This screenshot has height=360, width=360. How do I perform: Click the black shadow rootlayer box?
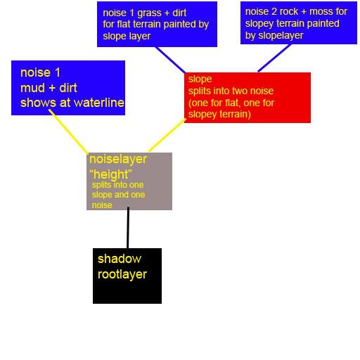coord(127,276)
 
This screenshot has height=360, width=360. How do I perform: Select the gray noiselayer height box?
coord(129,181)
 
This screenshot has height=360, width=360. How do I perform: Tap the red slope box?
coord(247,98)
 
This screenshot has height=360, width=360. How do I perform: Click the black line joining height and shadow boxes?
coord(128,228)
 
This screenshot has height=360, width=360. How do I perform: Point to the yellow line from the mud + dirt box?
coord(68,131)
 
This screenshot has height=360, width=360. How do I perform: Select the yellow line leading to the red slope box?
coord(167,135)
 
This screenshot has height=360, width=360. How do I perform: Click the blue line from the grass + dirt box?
coord(170,60)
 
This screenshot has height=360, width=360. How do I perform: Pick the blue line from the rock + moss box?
coord(274,58)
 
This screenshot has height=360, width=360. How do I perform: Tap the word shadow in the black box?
coord(120,259)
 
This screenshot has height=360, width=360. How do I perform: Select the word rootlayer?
coord(122,274)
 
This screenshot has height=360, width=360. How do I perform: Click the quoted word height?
coord(110,174)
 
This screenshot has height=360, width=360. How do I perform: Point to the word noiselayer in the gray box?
coord(118,159)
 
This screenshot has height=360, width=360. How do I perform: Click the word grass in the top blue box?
coord(149,13)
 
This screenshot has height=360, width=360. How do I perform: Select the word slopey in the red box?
coord(202,115)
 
